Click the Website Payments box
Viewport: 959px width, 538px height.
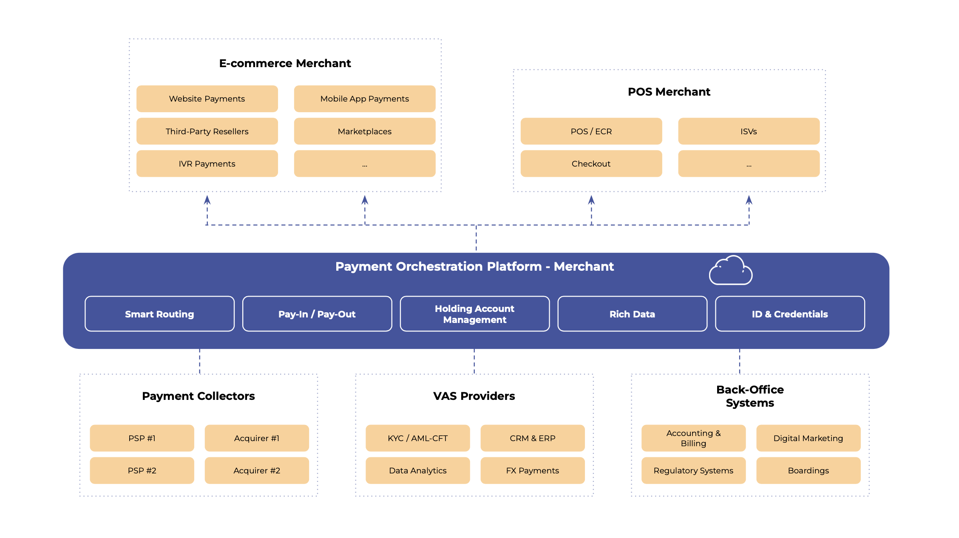point(207,99)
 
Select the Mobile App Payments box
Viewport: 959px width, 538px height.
point(364,99)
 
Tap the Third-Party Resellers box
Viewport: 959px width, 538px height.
point(207,131)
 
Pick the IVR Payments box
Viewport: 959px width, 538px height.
point(207,164)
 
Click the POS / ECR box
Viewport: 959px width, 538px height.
point(591,131)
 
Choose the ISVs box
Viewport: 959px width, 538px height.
point(749,131)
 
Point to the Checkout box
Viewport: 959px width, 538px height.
point(591,164)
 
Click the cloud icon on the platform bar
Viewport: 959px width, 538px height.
point(730,271)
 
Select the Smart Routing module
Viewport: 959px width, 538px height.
point(159,314)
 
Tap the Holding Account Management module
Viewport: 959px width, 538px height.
point(474,314)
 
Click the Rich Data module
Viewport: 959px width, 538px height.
point(632,314)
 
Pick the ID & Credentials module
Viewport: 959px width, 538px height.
point(790,314)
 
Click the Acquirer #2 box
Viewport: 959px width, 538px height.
point(257,470)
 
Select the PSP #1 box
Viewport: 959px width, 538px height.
point(142,438)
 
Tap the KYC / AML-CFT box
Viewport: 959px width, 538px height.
point(417,438)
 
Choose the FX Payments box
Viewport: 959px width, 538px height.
point(532,470)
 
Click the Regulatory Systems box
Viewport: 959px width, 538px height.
point(693,470)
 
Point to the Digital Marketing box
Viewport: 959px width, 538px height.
point(808,438)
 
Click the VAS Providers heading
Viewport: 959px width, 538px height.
point(474,396)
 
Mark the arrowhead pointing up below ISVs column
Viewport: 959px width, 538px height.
point(749,200)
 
